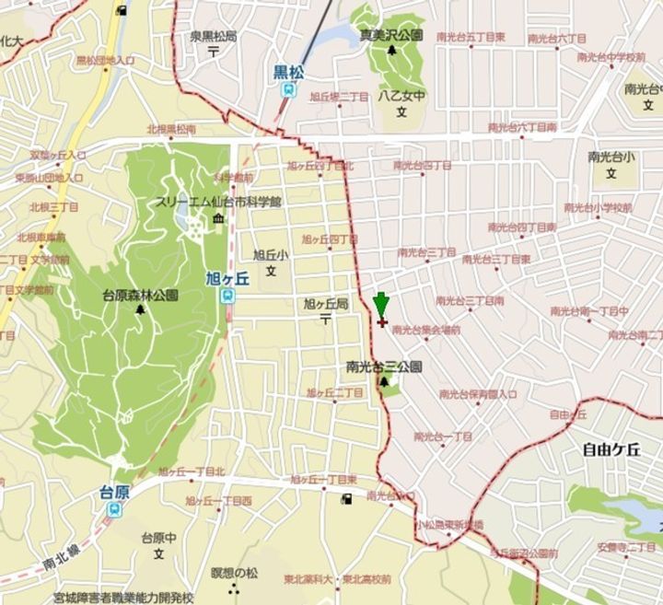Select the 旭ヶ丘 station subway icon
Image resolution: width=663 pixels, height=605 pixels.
(x=227, y=295)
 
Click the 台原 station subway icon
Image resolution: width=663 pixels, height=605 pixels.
(x=114, y=508)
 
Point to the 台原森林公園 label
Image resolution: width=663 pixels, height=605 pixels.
(x=140, y=296)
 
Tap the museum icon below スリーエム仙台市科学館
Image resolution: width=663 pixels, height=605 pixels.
(x=218, y=217)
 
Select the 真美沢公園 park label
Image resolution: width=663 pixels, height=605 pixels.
(x=390, y=35)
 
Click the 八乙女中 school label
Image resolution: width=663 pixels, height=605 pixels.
(x=401, y=95)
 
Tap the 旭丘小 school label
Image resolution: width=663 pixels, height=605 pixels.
(x=271, y=255)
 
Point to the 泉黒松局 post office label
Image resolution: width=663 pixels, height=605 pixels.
(x=213, y=37)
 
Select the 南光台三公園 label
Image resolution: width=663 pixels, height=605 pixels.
(x=384, y=366)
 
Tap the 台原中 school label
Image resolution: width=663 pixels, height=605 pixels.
(x=158, y=537)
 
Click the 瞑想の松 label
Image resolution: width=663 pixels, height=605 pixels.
(x=235, y=573)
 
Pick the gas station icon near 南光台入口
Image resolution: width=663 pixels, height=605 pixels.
(x=346, y=499)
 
